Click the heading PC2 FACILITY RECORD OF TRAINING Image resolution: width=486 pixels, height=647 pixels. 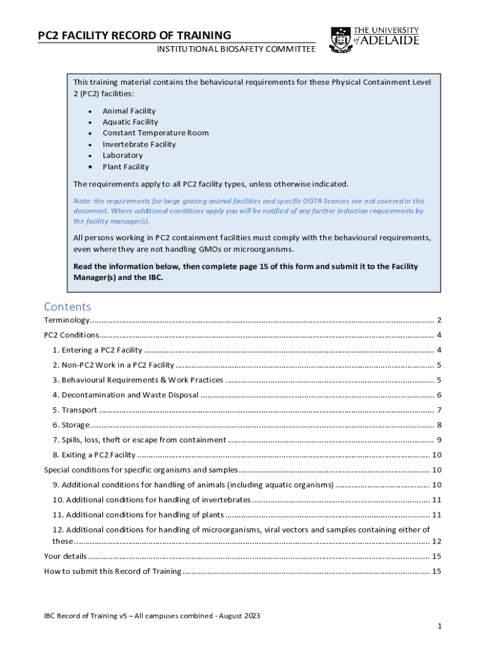click(x=134, y=35)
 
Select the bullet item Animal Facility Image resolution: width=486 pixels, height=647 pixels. click(x=129, y=111)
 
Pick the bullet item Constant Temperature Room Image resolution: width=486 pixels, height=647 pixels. click(x=155, y=133)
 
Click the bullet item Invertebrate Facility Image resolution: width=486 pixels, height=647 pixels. click(x=139, y=145)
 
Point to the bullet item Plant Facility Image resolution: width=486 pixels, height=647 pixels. click(x=126, y=167)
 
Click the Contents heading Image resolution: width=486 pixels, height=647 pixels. click(x=68, y=306)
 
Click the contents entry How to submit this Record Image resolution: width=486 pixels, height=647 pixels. click(x=112, y=571)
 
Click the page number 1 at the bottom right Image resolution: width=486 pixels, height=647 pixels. click(x=439, y=626)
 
